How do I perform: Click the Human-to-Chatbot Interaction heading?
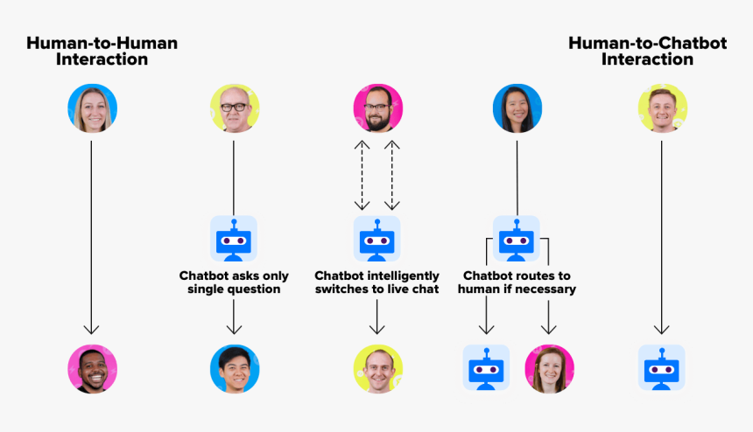click(x=647, y=51)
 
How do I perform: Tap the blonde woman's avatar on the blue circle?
click(x=92, y=108)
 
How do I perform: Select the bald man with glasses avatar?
click(x=234, y=108)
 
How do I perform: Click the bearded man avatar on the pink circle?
click(x=377, y=108)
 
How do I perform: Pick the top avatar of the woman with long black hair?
click(x=517, y=108)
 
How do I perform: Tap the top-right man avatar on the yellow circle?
click(x=662, y=108)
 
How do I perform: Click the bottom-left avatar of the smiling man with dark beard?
click(x=92, y=368)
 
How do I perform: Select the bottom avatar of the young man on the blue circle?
click(x=234, y=368)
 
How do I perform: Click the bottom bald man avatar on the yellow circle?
click(x=377, y=368)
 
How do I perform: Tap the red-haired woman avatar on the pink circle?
click(x=549, y=368)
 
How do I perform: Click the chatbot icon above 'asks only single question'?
click(x=234, y=239)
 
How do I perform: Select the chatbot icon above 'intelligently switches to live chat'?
click(x=377, y=239)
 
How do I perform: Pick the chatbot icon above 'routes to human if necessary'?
click(x=517, y=239)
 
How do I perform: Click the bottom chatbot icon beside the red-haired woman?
click(x=486, y=368)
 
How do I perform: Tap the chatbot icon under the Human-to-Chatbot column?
click(x=662, y=368)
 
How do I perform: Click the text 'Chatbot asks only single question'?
click(x=234, y=282)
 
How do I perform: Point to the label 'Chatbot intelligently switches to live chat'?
click(x=377, y=282)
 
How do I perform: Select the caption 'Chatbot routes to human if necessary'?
click(x=517, y=282)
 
